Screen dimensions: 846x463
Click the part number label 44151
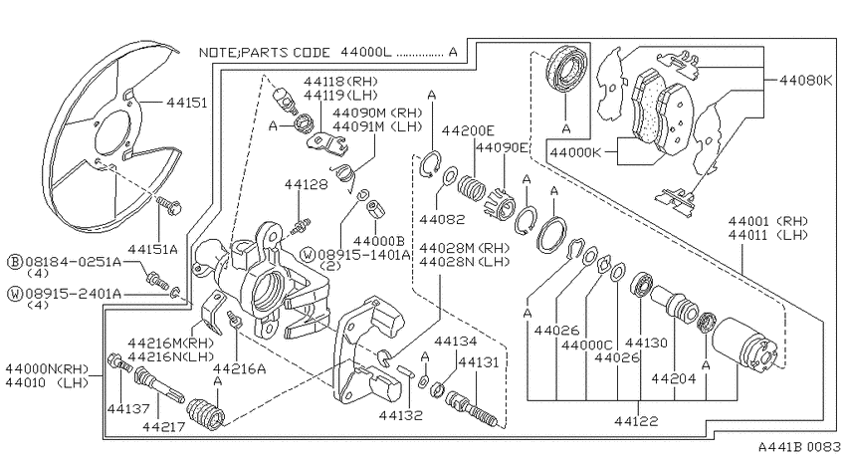(187, 102)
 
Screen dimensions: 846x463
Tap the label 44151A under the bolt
(152, 249)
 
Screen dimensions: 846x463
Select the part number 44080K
(806, 81)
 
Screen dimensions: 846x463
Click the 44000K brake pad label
(575, 152)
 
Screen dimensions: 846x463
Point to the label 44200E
(468, 130)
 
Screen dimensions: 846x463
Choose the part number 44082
(442, 219)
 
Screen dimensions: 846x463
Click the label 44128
(306, 184)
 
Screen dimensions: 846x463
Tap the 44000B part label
(380, 241)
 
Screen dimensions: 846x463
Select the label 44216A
(240, 368)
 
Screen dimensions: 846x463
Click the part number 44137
(128, 408)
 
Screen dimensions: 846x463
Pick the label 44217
(164, 427)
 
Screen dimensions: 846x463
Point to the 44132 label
(400, 415)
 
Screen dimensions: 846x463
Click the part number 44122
(636, 421)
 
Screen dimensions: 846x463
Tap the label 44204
(674, 378)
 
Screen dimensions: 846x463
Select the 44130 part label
(646, 343)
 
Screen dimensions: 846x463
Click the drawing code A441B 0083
(799, 447)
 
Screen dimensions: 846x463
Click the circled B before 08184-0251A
(15, 262)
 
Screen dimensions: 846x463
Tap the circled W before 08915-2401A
(15, 294)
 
